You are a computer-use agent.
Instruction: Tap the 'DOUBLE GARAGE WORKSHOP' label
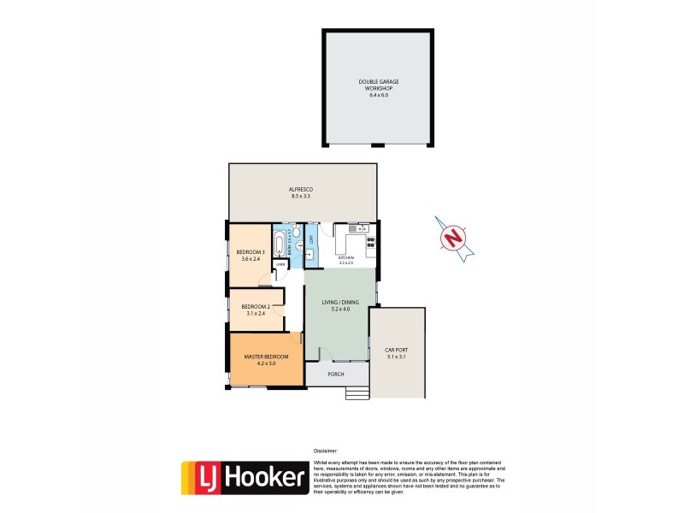click(379, 85)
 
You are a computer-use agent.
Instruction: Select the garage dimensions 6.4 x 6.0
click(379, 94)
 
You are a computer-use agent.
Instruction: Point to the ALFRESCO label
click(302, 189)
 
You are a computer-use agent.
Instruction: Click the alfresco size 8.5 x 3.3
click(302, 197)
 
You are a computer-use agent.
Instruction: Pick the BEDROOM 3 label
click(251, 251)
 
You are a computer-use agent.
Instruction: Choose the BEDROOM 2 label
click(256, 306)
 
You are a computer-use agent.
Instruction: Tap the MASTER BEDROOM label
click(267, 357)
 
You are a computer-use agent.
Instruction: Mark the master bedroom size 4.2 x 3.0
click(267, 363)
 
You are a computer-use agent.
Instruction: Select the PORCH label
click(336, 374)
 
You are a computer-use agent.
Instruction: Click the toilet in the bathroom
click(295, 231)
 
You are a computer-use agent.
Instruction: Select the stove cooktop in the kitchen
click(371, 244)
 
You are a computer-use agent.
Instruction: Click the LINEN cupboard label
click(280, 265)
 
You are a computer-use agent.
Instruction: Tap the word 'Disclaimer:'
click(325, 450)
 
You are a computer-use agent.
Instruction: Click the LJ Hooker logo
click(245, 478)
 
